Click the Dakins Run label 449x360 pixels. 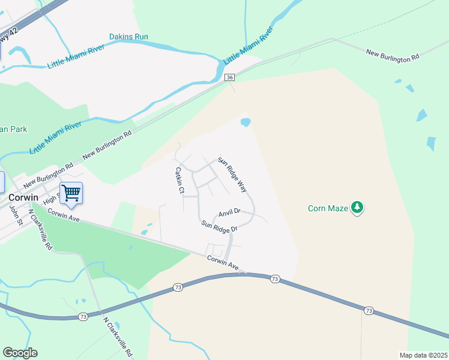point(128,37)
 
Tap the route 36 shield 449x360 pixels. point(229,78)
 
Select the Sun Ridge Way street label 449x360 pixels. point(233,174)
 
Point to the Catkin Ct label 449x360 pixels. point(178,180)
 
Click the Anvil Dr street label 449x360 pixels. point(229,212)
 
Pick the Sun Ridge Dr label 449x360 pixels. point(219,226)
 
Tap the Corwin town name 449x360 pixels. point(23,197)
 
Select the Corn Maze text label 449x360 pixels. point(328,209)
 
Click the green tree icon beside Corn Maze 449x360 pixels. point(358,208)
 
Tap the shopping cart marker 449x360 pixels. point(71,193)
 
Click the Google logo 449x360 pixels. point(20,353)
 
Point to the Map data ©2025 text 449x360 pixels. point(423,355)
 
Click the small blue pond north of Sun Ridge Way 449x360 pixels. point(246,122)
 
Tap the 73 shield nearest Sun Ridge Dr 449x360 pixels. point(275,279)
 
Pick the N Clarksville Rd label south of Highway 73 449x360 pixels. point(117,336)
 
